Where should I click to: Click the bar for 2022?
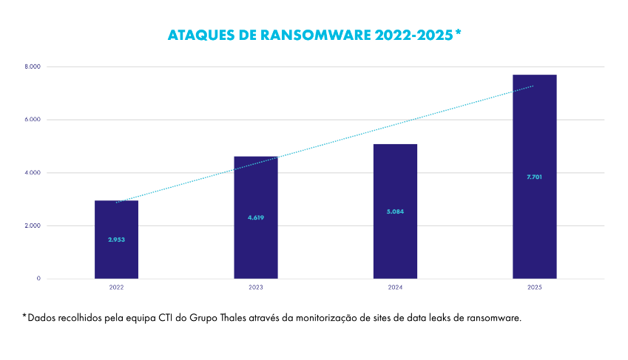point(116,222)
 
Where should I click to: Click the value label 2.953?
point(116,240)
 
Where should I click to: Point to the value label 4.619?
point(256,217)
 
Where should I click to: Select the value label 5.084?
point(395,211)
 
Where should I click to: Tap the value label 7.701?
point(534,177)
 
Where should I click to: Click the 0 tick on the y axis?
point(38,279)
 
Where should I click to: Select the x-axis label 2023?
point(256,287)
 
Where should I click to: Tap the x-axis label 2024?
point(395,287)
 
